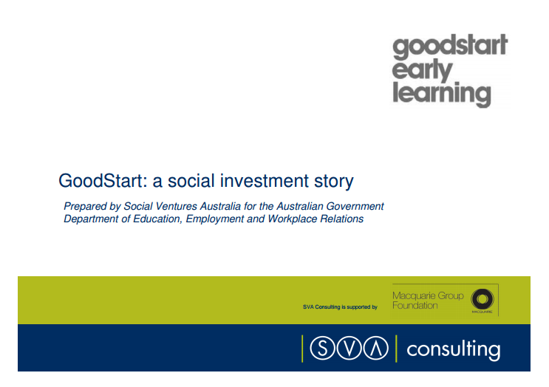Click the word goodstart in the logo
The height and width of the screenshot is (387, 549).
point(449,47)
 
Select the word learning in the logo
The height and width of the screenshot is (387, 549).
point(441,94)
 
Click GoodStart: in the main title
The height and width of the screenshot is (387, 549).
point(103,180)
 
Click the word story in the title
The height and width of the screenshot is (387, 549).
point(334,181)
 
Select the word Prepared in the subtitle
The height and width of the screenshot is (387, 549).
point(84,206)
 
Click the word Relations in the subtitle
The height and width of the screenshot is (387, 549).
point(340,219)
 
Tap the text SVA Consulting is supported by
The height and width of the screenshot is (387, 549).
point(340,306)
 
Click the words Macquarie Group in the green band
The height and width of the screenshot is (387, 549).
point(429,295)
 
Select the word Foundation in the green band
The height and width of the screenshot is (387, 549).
point(415,305)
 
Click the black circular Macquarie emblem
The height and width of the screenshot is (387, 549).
point(482,298)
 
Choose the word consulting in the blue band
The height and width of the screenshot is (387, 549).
point(453,349)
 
